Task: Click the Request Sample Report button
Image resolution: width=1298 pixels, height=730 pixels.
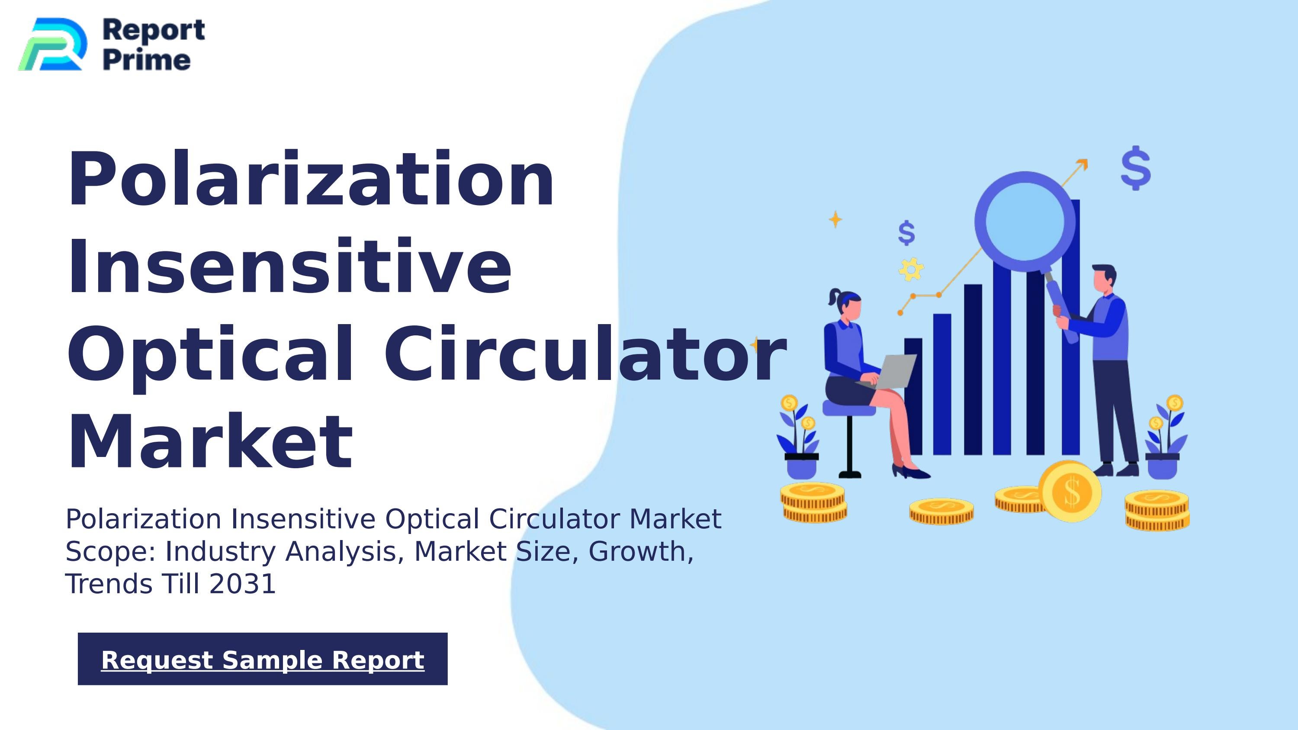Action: point(263,659)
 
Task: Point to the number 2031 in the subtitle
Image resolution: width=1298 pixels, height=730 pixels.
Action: point(242,584)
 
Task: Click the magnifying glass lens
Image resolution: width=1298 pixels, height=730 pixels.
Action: point(1025,222)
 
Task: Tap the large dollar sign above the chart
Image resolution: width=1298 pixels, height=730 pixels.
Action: point(1136,168)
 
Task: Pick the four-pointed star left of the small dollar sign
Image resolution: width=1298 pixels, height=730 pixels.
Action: point(835,219)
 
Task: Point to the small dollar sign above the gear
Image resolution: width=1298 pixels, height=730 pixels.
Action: point(906,233)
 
